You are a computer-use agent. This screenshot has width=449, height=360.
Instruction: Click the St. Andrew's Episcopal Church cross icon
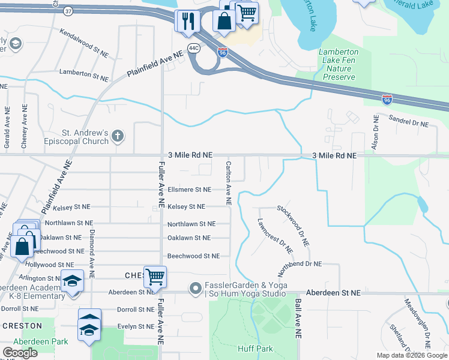[x=118, y=136]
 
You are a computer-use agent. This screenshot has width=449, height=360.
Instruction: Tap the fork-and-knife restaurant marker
[x=187, y=21]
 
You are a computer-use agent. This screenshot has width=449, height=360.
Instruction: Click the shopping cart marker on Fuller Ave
[x=155, y=277]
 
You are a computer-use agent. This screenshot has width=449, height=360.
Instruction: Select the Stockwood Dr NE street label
[x=293, y=226]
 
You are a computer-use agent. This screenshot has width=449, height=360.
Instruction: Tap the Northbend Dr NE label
[x=300, y=263]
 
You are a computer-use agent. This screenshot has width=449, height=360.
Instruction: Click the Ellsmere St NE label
[x=189, y=190]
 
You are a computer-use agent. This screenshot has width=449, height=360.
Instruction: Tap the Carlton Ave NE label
[x=229, y=182]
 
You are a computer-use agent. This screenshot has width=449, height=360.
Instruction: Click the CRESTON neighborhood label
[x=22, y=326]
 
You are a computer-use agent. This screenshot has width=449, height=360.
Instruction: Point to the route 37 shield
[x=70, y=11]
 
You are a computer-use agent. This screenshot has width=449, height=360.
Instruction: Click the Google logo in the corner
[x=20, y=353]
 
